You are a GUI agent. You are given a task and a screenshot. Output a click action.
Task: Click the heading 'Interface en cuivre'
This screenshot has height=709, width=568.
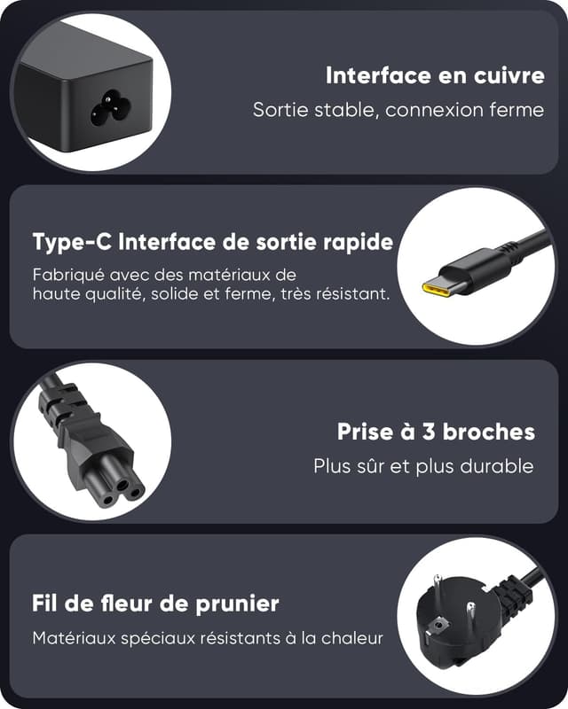coord(435,75)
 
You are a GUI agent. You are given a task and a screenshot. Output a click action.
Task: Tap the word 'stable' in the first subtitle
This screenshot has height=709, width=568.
coord(327,110)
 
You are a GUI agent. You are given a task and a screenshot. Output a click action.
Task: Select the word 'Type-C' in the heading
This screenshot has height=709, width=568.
coord(72,242)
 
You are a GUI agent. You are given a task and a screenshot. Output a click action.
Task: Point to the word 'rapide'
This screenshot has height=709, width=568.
coord(360,242)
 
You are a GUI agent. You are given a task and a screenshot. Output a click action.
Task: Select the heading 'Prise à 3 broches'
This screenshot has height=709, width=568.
coord(436,432)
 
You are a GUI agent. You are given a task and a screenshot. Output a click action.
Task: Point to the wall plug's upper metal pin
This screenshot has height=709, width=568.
coord(437,586)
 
